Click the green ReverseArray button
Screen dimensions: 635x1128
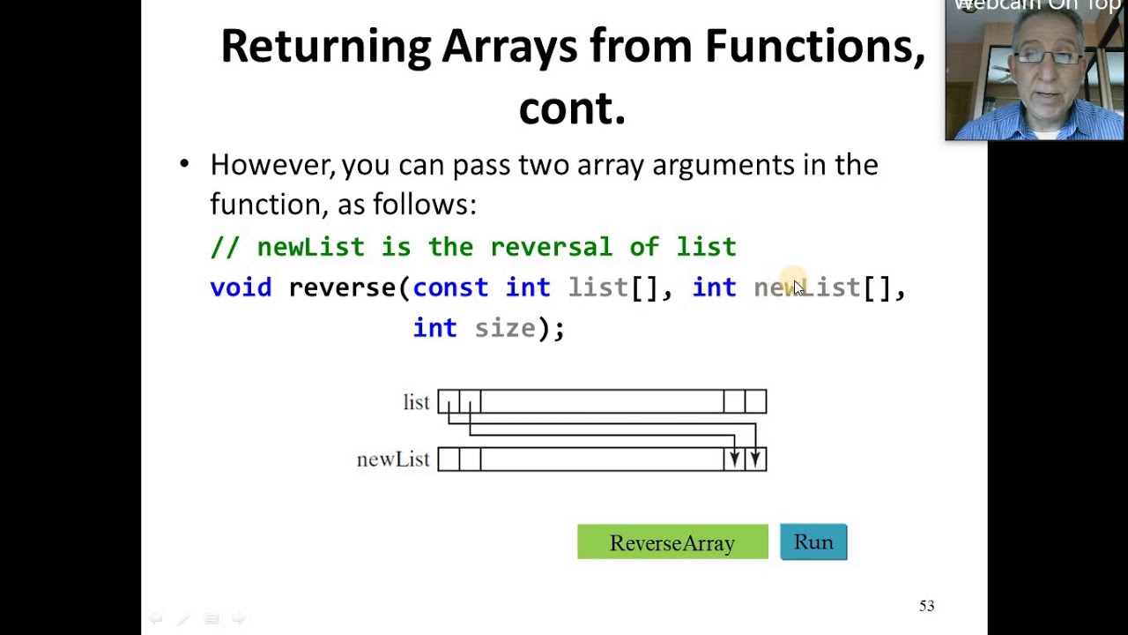(x=672, y=542)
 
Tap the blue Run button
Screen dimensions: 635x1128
(x=813, y=542)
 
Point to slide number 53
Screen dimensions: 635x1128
(x=926, y=606)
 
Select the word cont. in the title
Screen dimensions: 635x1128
(x=572, y=108)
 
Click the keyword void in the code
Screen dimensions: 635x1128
(x=241, y=288)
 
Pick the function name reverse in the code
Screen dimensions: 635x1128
(x=342, y=288)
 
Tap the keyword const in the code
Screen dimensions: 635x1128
(x=449, y=288)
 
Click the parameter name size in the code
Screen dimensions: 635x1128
(x=505, y=328)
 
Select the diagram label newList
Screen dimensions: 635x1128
(x=392, y=459)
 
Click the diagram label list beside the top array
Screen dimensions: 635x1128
(x=416, y=402)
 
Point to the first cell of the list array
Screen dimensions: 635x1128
(x=449, y=401)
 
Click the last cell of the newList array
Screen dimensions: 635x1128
(x=755, y=459)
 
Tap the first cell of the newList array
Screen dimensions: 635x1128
(x=449, y=459)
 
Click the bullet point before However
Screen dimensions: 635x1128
(x=184, y=164)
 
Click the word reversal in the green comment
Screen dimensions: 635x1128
(x=551, y=247)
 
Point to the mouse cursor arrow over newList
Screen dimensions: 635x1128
(x=798, y=288)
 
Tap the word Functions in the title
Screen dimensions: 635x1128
(x=814, y=46)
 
